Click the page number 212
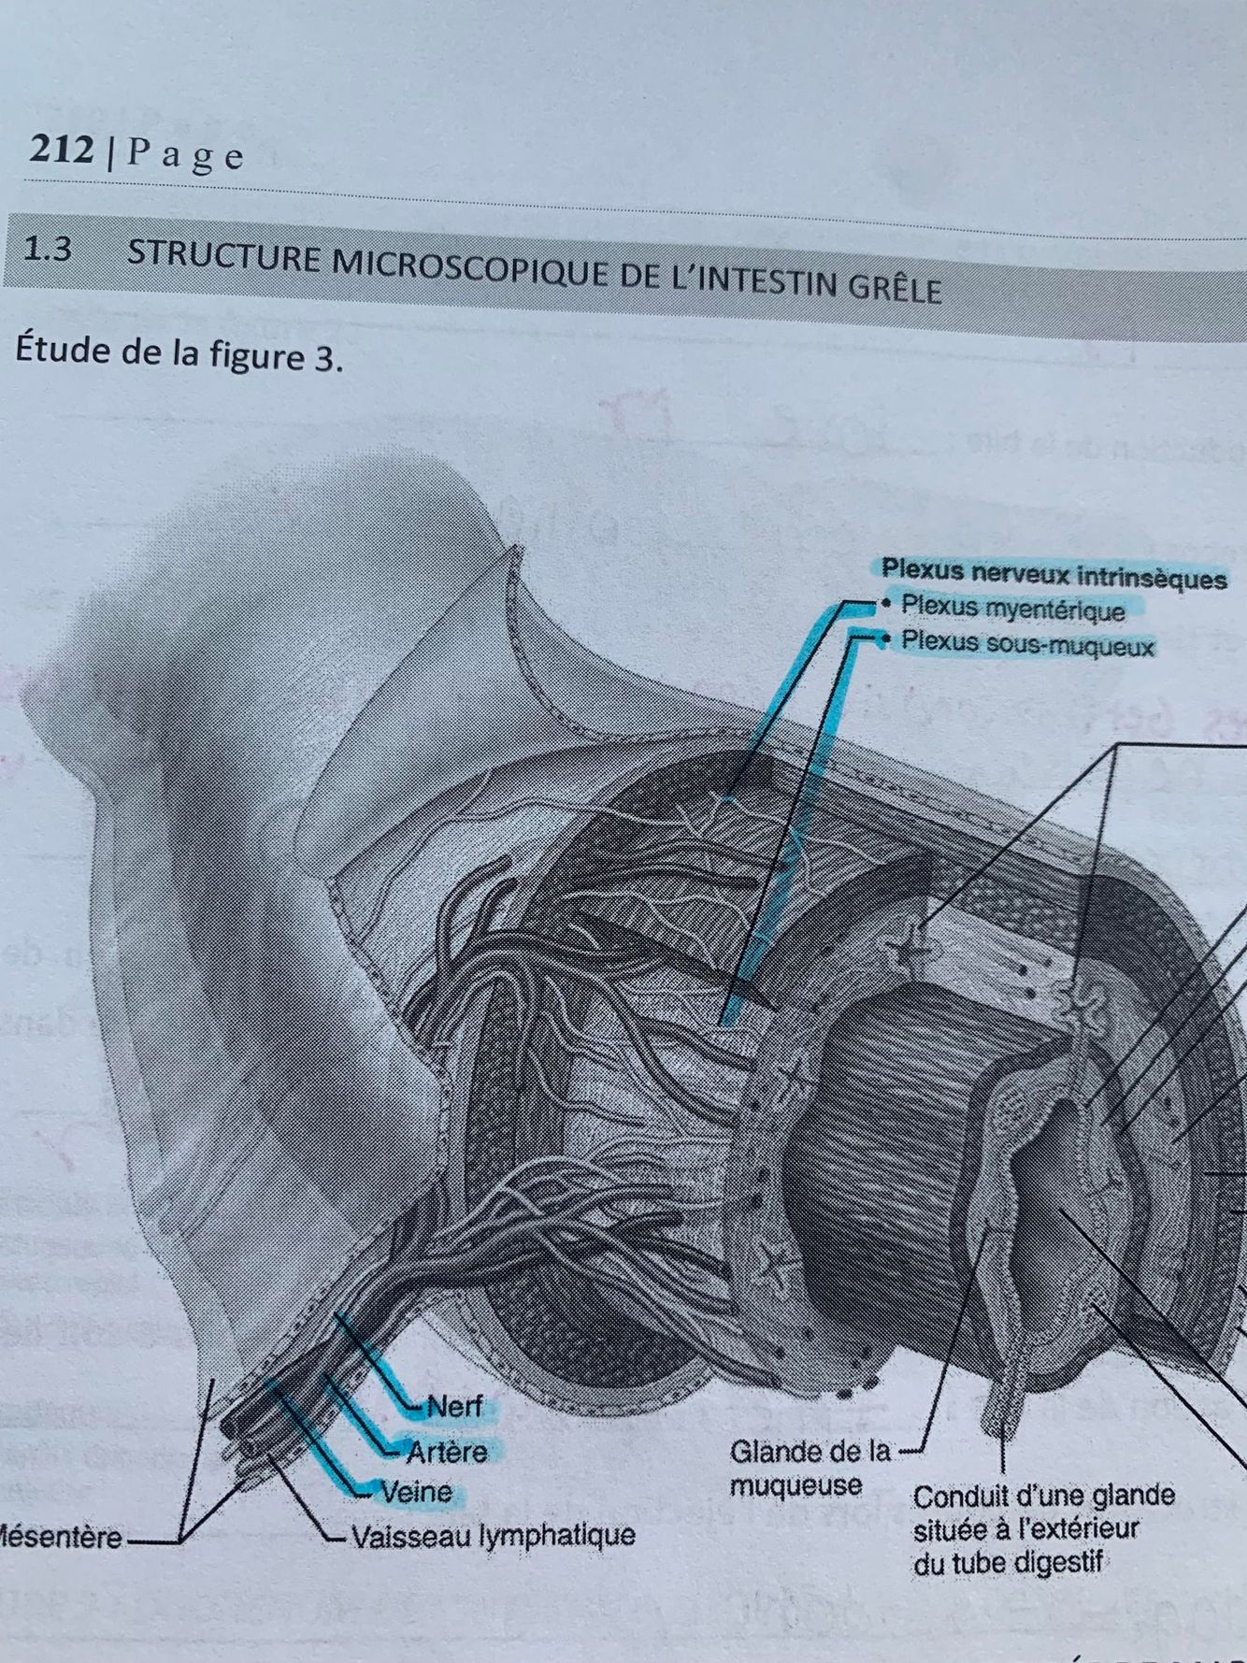(x=62, y=150)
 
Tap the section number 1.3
(x=47, y=250)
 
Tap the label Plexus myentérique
(x=1012, y=609)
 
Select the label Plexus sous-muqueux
(x=1027, y=644)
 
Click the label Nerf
(x=454, y=1406)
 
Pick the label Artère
(x=447, y=1451)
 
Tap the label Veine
(x=416, y=1492)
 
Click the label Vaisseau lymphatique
(x=493, y=1535)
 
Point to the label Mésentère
(x=61, y=1538)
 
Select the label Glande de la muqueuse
(x=809, y=1469)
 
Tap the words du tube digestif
(x=1008, y=1563)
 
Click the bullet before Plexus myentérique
(x=884, y=604)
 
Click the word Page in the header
(x=184, y=154)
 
